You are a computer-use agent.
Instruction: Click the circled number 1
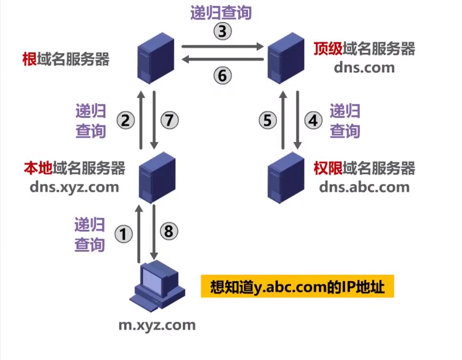click(x=124, y=234)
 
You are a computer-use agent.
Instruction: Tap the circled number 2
click(x=125, y=120)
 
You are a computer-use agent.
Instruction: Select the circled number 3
click(x=222, y=31)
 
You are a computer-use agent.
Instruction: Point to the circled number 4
click(x=313, y=120)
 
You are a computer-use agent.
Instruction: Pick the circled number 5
click(x=267, y=120)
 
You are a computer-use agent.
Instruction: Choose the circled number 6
click(x=222, y=76)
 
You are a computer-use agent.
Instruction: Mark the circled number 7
click(x=169, y=120)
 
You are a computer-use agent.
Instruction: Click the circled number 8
click(x=169, y=231)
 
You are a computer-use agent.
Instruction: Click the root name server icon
click(x=156, y=58)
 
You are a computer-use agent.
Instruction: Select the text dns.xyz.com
click(x=74, y=186)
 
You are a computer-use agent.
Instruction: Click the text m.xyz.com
click(x=157, y=324)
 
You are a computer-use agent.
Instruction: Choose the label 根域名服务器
click(x=66, y=60)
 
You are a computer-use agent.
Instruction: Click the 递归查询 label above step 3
click(x=221, y=13)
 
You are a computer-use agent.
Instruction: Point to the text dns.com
click(x=364, y=67)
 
